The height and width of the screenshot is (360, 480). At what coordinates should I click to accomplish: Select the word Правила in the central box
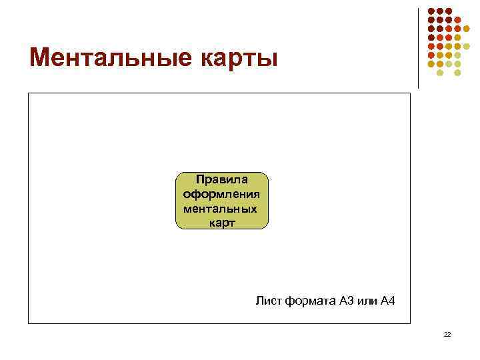click(x=221, y=179)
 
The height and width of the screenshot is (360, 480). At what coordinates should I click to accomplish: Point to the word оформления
click(x=221, y=193)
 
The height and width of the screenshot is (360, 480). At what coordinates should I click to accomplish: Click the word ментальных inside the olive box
click(x=219, y=208)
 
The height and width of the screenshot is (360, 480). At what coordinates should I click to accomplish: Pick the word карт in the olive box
click(x=221, y=223)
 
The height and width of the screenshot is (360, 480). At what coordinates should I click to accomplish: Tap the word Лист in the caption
click(x=269, y=301)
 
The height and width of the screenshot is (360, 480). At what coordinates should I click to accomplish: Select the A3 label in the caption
click(x=347, y=301)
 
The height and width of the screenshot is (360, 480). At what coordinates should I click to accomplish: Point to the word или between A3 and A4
click(x=367, y=301)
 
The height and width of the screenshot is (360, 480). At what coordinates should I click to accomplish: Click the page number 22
click(x=447, y=335)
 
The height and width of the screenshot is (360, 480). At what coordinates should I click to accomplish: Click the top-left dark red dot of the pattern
click(x=431, y=11)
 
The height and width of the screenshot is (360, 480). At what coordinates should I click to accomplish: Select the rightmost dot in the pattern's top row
click(x=448, y=11)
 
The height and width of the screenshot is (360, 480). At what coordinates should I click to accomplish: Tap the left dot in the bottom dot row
click(x=439, y=72)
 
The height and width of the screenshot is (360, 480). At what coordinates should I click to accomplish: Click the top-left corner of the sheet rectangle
click(x=29, y=93)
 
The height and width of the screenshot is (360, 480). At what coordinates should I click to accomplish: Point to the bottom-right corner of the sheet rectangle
click(x=410, y=323)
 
